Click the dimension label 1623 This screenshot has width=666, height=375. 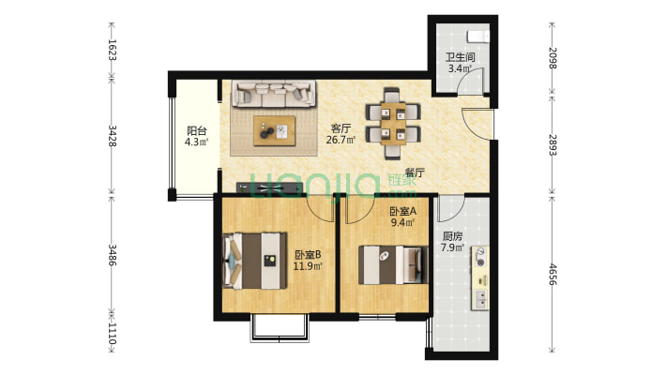(113, 50)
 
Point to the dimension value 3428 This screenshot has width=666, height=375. (113, 136)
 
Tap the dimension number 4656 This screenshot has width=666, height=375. (552, 274)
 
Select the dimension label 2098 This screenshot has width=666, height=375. (552, 58)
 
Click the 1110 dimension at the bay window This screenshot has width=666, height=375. (113, 333)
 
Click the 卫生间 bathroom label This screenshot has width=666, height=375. (460, 57)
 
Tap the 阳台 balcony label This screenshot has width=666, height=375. (197, 131)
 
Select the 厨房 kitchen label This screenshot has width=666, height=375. (452, 236)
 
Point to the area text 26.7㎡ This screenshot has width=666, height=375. (341, 140)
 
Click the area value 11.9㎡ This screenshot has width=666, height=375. (308, 266)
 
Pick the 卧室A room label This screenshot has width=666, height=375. (403, 211)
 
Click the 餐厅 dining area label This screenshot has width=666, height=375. (415, 172)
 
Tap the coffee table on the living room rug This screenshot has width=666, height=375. (275, 131)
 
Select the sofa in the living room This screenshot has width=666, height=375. (274, 94)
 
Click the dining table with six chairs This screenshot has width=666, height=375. (393, 123)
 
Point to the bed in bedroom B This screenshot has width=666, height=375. (255, 261)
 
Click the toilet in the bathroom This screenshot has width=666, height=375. (478, 37)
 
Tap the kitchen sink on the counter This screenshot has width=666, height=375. (481, 299)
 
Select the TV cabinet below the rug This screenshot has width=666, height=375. (269, 187)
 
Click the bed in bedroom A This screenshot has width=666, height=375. (393, 265)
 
